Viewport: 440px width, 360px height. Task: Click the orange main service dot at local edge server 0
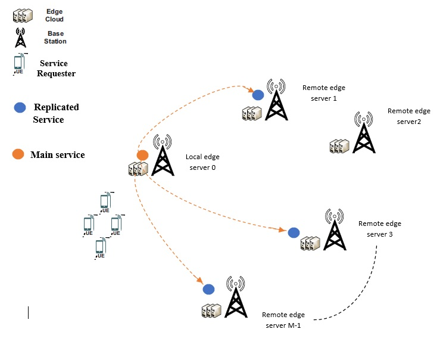click(x=142, y=155)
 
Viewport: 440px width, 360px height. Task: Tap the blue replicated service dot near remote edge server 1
click(x=258, y=95)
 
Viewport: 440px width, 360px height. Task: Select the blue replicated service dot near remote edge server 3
click(x=294, y=232)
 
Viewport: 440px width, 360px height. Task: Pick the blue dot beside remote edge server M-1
click(x=208, y=289)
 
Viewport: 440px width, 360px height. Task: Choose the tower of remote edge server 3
click(x=335, y=229)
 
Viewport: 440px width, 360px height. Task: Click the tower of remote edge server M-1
click(x=236, y=297)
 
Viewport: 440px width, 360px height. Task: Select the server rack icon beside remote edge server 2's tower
click(x=339, y=146)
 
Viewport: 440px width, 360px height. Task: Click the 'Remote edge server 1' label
click(x=324, y=93)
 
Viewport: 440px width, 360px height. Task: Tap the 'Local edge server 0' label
click(x=202, y=162)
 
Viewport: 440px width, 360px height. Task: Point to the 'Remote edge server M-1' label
click(x=283, y=320)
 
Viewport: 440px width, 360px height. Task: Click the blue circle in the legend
click(x=20, y=107)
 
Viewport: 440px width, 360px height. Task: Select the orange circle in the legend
click(x=18, y=154)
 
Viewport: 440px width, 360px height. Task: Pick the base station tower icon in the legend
click(x=20, y=38)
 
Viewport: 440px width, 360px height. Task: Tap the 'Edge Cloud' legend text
click(x=54, y=15)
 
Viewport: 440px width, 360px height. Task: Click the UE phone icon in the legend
click(x=19, y=64)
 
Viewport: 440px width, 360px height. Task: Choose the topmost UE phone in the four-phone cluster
click(x=105, y=202)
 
